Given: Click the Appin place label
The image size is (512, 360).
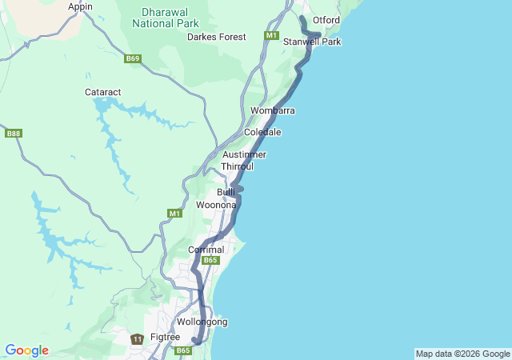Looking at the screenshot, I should pyautogui.click(x=80, y=6).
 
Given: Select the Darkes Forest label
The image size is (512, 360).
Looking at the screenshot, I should pyautogui.click(x=217, y=37).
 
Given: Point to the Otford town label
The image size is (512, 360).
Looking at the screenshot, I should pyautogui.click(x=326, y=19).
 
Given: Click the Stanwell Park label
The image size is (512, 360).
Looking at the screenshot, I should pyautogui.click(x=312, y=41).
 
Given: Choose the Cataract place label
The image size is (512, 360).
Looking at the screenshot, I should pyautogui.click(x=103, y=92).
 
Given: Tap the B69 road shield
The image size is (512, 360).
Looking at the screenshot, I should pyautogui.click(x=133, y=58).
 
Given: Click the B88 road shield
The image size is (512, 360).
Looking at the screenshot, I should pyautogui.click(x=13, y=133).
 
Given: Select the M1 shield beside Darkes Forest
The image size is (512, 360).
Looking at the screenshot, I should pyautogui.click(x=271, y=36).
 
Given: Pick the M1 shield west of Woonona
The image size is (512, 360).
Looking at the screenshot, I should pyautogui.click(x=174, y=213).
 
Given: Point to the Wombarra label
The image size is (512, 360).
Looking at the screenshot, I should pyautogui.click(x=272, y=110).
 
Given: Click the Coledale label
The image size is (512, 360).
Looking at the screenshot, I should pyautogui.click(x=262, y=131).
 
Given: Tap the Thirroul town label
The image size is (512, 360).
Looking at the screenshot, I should pyautogui.click(x=238, y=166).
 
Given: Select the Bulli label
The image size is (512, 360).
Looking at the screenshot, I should pyautogui.click(x=226, y=192).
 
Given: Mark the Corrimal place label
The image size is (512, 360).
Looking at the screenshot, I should pyautogui.click(x=206, y=250).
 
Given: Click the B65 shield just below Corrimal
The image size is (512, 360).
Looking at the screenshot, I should pyautogui.click(x=210, y=260).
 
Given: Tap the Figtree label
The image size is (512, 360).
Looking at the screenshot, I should pyautogui.click(x=166, y=337).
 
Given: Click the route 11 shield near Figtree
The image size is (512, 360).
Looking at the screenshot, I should pyautogui.click(x=138, y=339).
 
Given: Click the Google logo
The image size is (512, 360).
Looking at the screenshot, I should pyautogui.click(x=26, y=350).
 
